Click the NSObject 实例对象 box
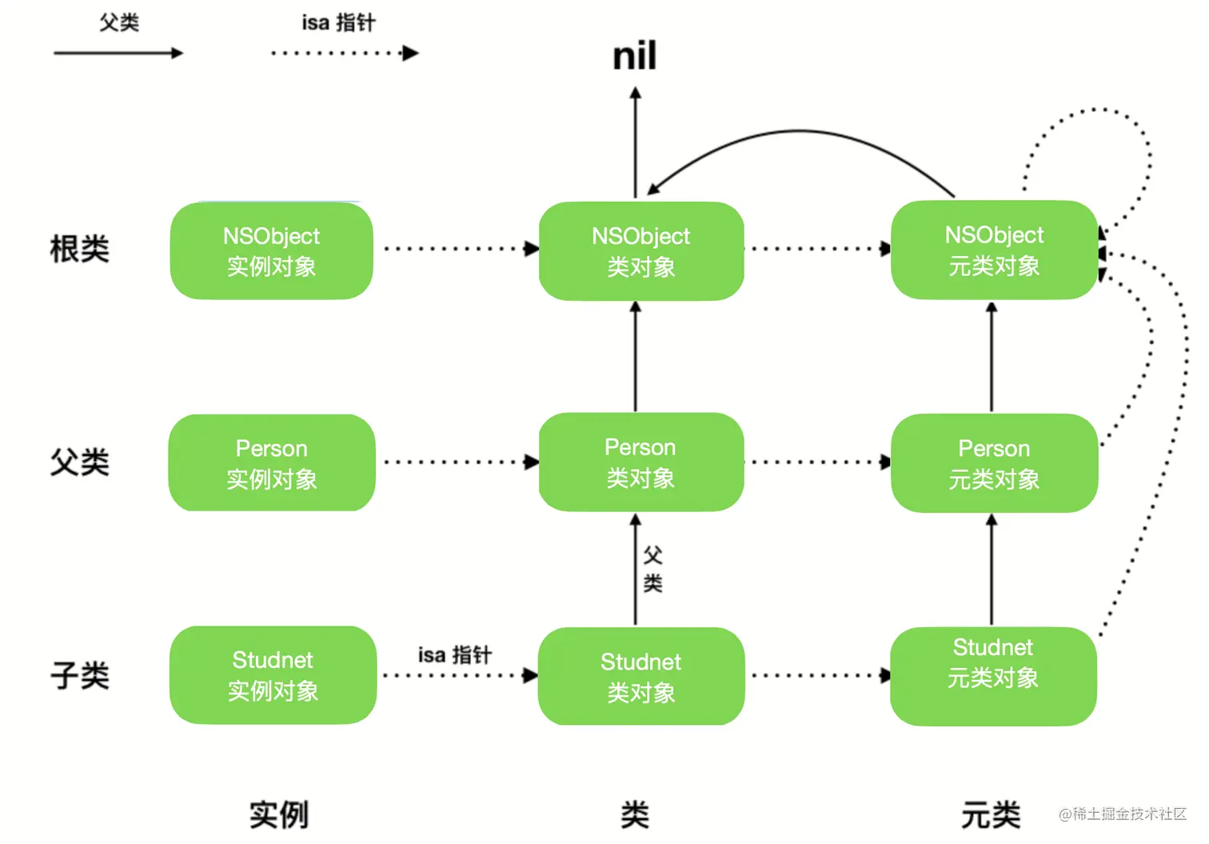pos(272,250)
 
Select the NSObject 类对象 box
pos(641,250)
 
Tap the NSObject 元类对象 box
pos(994,250)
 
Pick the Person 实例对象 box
pos(272,462)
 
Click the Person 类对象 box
pos(641,462)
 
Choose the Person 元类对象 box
pos(994,462)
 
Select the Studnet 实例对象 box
pos(273,674)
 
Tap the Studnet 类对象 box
pos(641,676)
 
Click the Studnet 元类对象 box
pos(993,676)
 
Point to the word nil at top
pos(635,57)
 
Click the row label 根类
pos(79,249)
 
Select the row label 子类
pos(79,675)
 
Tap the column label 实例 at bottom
pos(278,814)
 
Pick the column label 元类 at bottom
pos(991,814)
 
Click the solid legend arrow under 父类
pos(118,54)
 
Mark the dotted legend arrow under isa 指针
pos(345,54)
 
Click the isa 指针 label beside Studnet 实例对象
pos(454,654)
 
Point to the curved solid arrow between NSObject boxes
pos(800,132)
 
